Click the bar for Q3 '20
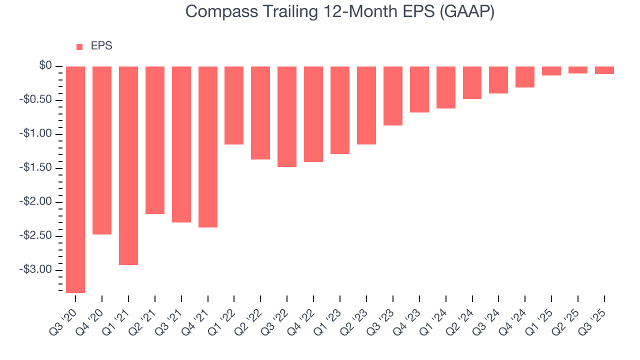75,179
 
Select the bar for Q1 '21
128,165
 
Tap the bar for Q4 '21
208,147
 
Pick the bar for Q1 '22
234,105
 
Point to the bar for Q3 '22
287,116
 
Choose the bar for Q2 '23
366,105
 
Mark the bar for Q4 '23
419,89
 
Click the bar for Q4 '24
525,77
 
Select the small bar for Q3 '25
604,70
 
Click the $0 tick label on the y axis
46,66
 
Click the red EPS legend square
79,47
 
